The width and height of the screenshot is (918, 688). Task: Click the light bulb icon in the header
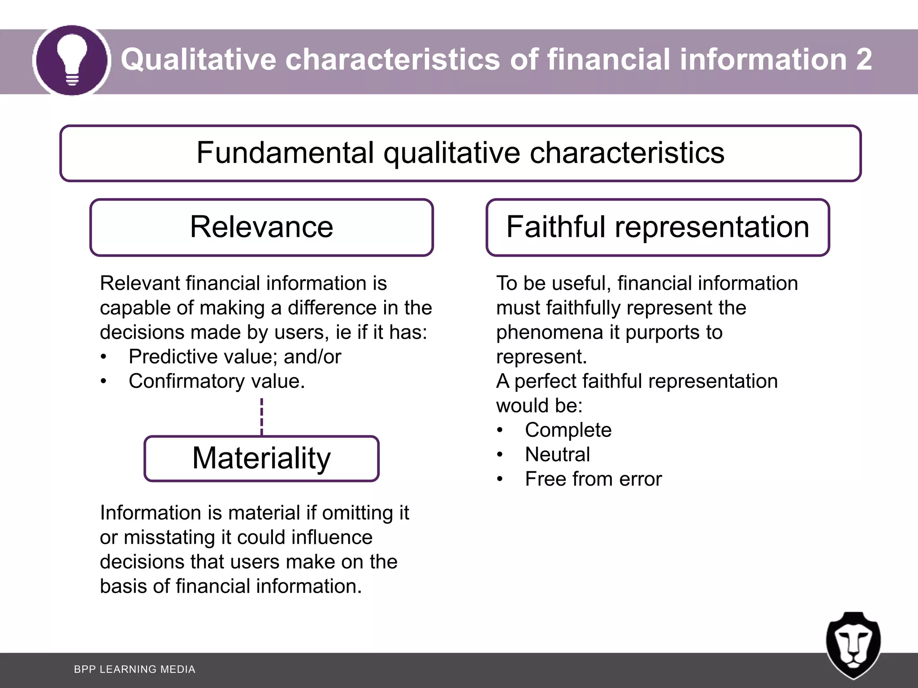pos(72,60)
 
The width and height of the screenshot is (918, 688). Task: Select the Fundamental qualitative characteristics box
pos(460,153)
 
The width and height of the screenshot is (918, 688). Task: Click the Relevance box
pos(261,227)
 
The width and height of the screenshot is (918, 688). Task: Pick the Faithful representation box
pos(658,227)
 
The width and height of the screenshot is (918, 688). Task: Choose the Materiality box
pos(261,458)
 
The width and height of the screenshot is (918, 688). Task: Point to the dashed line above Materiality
pos(262,417)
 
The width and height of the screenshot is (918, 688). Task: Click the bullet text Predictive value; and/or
pos(234,357)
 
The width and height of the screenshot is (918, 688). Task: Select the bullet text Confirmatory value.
pos(217,381)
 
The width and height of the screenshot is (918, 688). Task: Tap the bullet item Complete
pos(568,430)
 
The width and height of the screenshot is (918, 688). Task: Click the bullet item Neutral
pos(557,455)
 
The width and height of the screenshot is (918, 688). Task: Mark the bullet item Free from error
pos(593,479)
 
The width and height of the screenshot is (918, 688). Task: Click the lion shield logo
pos(853,645)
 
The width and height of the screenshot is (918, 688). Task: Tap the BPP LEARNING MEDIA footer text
pos(134,669)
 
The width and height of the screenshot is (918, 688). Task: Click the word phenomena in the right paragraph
pos(550,333)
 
